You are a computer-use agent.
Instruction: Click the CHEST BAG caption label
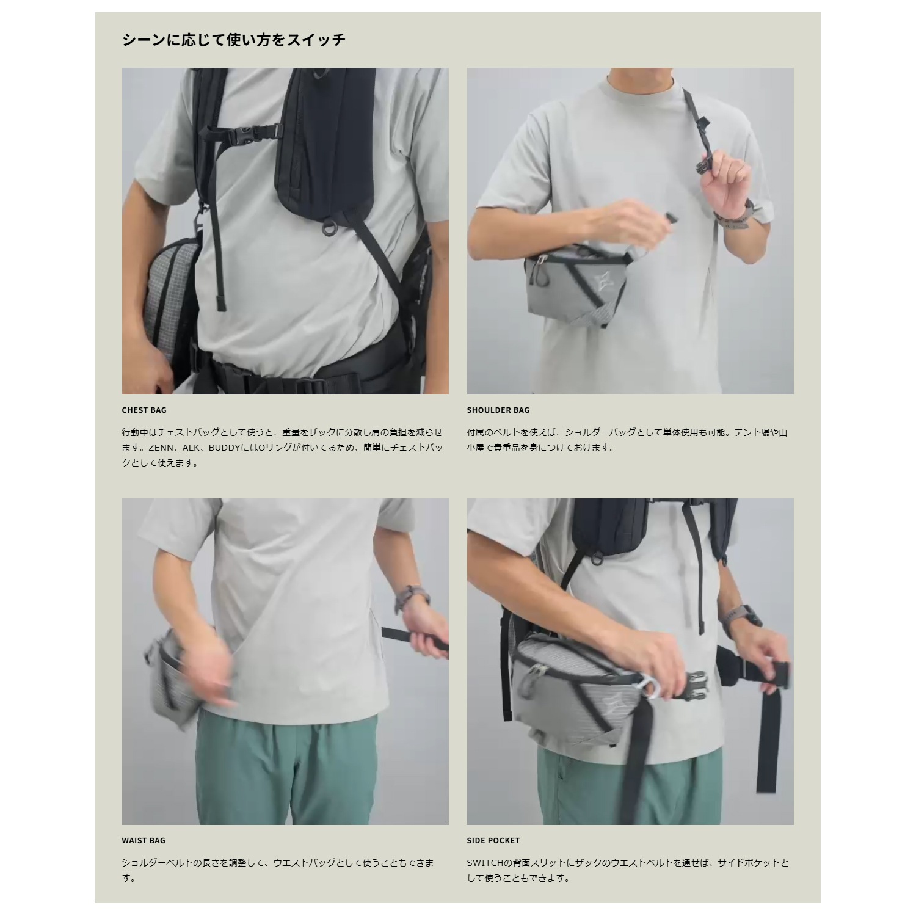144,410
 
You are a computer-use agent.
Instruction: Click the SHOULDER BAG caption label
498,410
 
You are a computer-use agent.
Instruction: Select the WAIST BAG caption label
144,841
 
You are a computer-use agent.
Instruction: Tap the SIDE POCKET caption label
493,841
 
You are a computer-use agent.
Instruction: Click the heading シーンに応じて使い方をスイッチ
234,40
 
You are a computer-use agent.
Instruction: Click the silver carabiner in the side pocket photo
653,688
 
